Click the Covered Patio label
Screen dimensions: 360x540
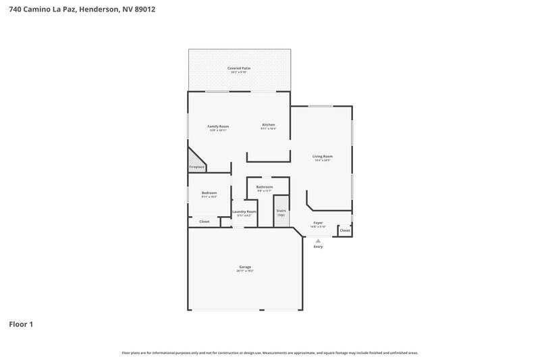(239, 68)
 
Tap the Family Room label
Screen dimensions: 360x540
(217, 126)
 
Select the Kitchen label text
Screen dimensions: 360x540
(268, 125)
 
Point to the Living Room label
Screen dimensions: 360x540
(323, 156)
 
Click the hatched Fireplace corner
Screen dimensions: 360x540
(195, 163)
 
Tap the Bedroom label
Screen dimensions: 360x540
(209, 193)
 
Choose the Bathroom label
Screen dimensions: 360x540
(264, 187)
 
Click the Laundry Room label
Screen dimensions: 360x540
(244, 212)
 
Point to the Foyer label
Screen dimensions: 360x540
(317, 223)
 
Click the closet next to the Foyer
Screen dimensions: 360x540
(345, 230)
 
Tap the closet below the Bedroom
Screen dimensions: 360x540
(204, 222)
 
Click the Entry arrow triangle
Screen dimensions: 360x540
(318, 240)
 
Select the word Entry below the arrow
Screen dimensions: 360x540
(318, 247)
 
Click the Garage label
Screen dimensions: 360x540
(244, 267)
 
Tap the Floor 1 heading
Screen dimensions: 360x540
(21, 324)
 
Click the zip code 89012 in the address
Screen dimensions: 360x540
(144, 9)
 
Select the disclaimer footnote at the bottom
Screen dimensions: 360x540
(269, 353)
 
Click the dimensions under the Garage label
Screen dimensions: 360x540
(244, 271)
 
